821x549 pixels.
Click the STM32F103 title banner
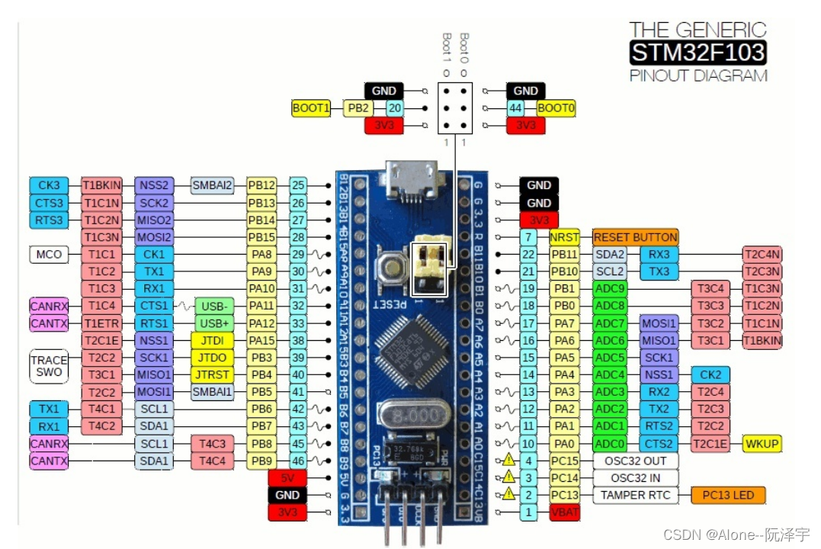click(698, 53)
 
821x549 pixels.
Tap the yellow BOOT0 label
click(556, 108)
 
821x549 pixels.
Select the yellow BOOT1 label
click(311, 108)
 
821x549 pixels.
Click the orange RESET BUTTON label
click(635, 237)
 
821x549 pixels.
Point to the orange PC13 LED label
click(727, 496)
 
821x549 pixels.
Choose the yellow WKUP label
click(762, 444)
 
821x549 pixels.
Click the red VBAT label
click(564, 513)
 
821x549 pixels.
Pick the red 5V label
click(287, 478)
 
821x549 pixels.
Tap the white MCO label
click(48, 255)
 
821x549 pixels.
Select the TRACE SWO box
click(49, 367)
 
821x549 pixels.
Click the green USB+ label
click(214, 323)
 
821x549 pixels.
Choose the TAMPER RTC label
click(635, 496)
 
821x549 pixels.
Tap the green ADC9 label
click(610, 289)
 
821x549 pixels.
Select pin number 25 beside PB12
click(299, 185)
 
